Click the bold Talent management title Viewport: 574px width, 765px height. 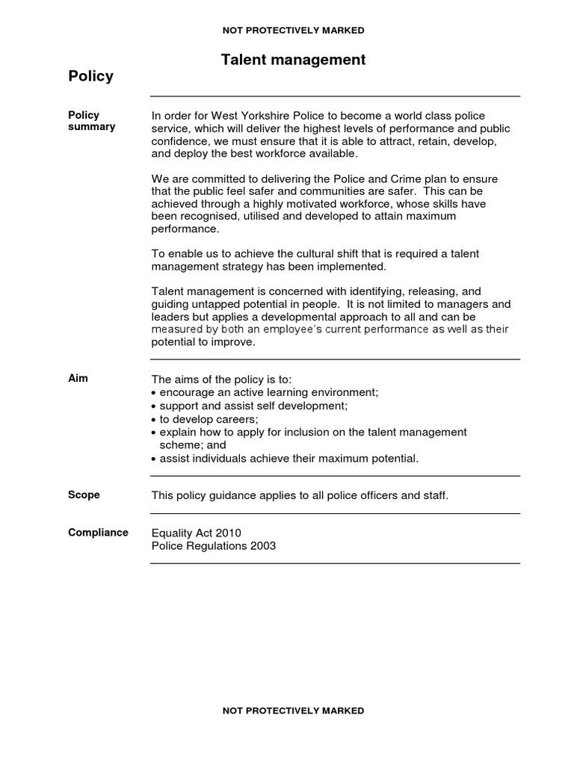(293, 60)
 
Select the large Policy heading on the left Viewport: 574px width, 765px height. (90, 76)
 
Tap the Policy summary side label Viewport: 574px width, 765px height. (91, 121)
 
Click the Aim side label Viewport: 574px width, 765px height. (78, 378)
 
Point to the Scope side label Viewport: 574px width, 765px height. (84, 495)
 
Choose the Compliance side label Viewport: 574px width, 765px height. (98, 533)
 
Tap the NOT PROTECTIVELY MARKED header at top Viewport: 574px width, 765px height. (293, 31)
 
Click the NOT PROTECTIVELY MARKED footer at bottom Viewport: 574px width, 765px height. (293, 710)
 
